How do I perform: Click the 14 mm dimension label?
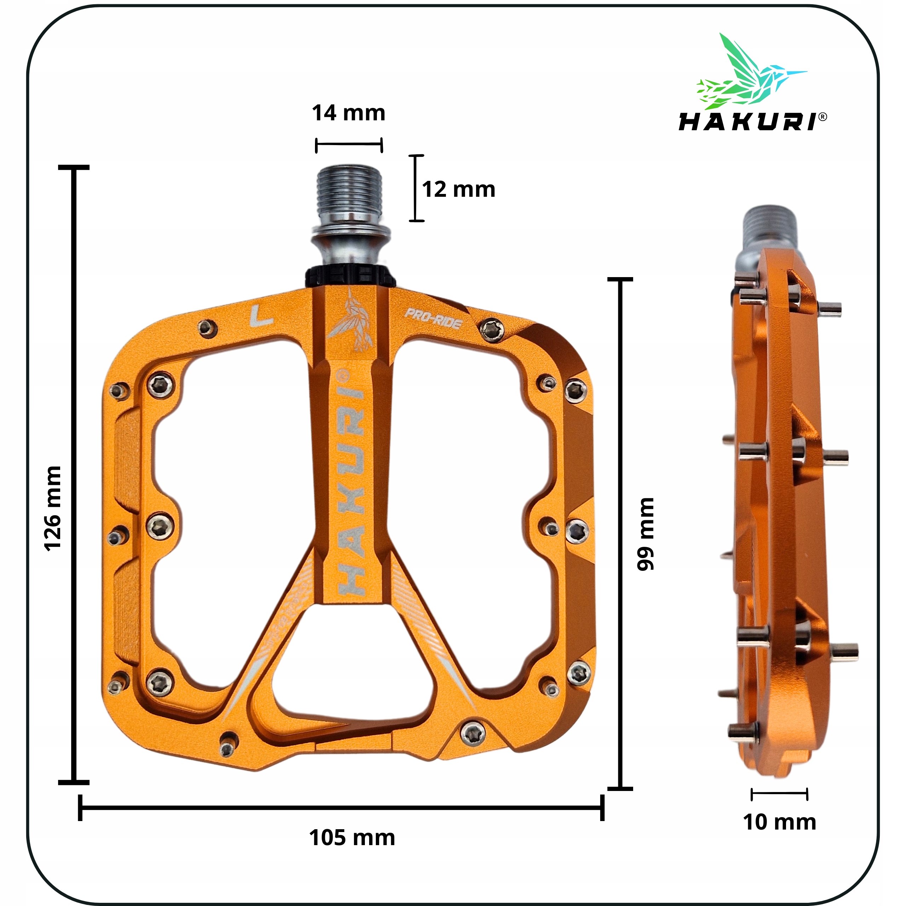click(x=349, y=113)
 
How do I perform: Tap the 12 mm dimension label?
click(x=458, y=189)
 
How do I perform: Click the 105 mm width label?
click(x=352, y=838)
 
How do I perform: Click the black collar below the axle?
click(x=350, y=277)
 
